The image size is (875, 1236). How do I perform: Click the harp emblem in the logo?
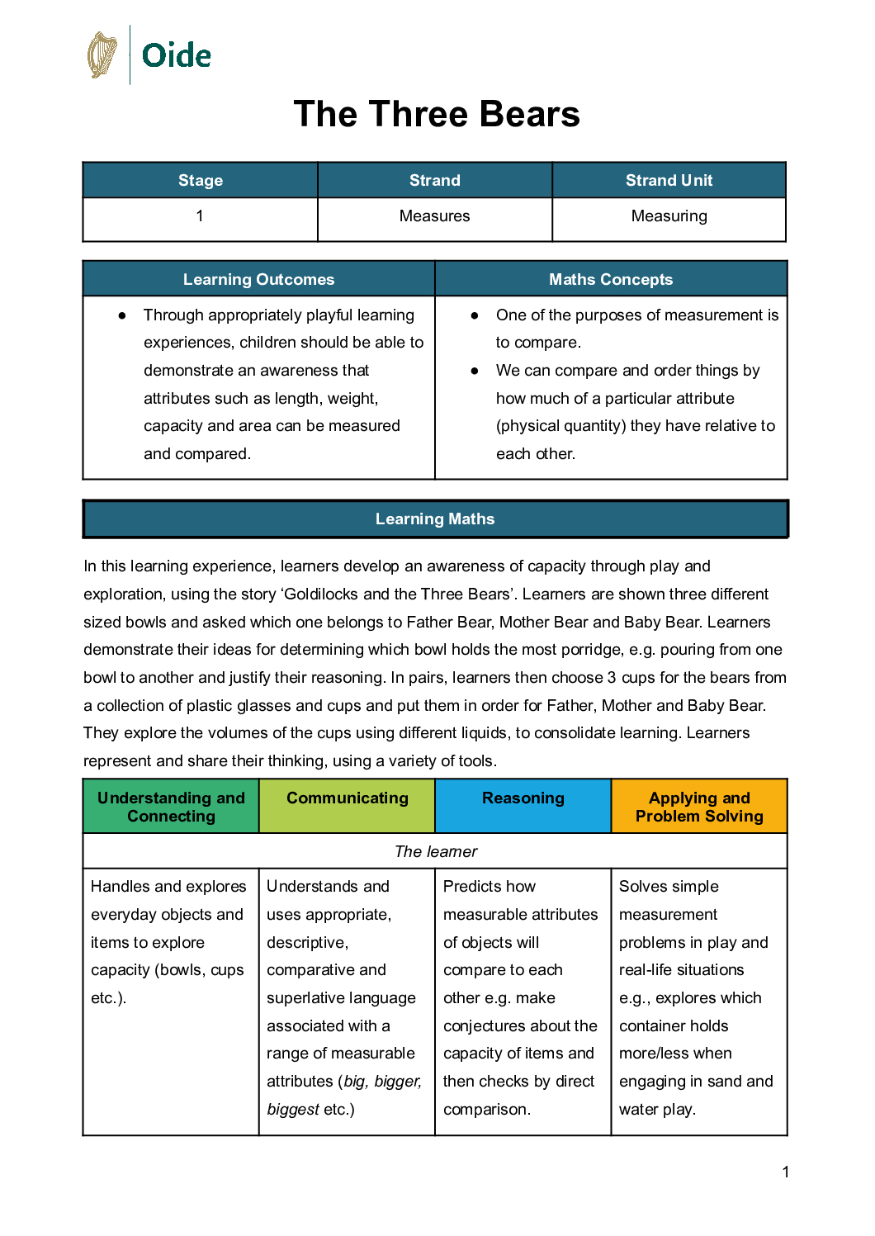pyautogui.click(x=102, y=55)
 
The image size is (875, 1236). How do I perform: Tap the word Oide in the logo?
pyautogui.click(x=177, y=56)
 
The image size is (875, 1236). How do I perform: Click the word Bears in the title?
pyautogui.click(x=529, y=114)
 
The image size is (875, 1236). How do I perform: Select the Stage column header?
pyautogui.click(x=201, y=180)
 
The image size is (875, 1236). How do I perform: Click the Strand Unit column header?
pyautogui.click(x=669, y=180)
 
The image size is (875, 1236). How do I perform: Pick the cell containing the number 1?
pyautogui.click(x=200, y=216)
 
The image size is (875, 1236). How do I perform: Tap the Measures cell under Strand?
pyautogui.click(x=434, y=216)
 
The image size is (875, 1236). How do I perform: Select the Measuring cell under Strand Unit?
pyautogui.click(x=669, y=216)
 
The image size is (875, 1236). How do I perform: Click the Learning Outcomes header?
pyautogui.click(x=258, y=279)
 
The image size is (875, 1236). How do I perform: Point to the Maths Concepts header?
pyautogui.click(x=611, y=279)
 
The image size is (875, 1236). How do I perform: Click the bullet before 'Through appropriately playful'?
pyautogui.click(x=122, y=315)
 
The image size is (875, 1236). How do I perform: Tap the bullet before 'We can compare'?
pyautogui.click(x=475, y=371)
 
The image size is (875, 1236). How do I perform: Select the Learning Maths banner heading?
pyautogui.click(x=435, y=519)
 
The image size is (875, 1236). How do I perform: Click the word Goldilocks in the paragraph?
pyautogui.click(x=321, y=594)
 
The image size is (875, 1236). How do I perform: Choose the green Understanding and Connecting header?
pyautogui.click(x=171, y=807)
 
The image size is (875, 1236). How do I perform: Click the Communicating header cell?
pyautogui.click(x=347, y=798)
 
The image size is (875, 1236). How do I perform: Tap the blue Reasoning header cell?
pyautogui.click(x=523, y=798)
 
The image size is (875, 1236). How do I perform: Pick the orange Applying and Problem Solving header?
pyautogui.click(x=699, y=807)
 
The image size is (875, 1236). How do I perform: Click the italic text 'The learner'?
pyautogui.click(x=436, y=851)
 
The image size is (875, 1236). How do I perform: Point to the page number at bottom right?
pyautogui.click(x=786, y=1172)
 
